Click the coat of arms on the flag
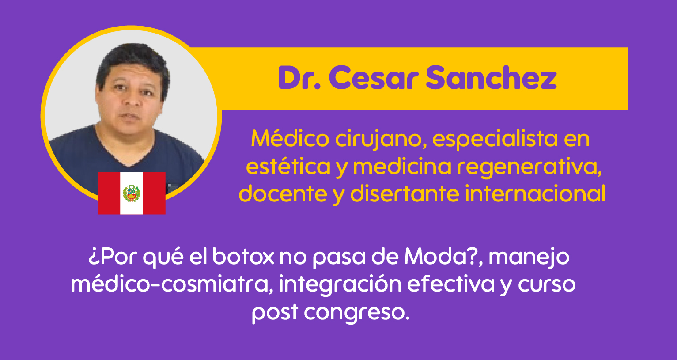point(132,193)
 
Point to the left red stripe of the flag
point(109,193)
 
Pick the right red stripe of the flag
point(154,193)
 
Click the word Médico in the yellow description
point(290,139)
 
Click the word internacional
point(535,193)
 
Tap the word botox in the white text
point(243,256)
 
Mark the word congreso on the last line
point(357,313)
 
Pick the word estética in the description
point(288,166)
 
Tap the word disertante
point(405,193)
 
